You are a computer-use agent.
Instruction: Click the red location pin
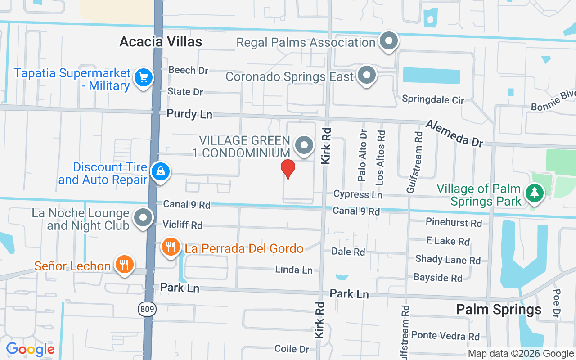click(x=288, y=169)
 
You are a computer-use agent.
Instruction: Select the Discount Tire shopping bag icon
click(x=160, y=172)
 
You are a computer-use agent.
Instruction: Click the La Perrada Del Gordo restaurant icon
click(x=171, y=247)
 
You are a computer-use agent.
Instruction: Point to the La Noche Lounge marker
click(x=144, y=218)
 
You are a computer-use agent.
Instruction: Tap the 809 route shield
click(x=147, y=309)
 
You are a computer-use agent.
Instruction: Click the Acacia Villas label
click(x=161, y=42)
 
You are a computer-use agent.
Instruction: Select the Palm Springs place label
click(x=499, y=310)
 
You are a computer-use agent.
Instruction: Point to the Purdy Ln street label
click(x=189, y=114)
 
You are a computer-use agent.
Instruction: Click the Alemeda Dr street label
click(x=454, y=133)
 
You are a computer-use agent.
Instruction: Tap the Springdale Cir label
click(x=433, y=99)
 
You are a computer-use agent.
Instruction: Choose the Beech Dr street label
click(x=189, y=70)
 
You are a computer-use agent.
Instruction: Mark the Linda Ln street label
click(x=294, y=270)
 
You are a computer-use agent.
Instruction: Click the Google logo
click(x=30, y=349)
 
